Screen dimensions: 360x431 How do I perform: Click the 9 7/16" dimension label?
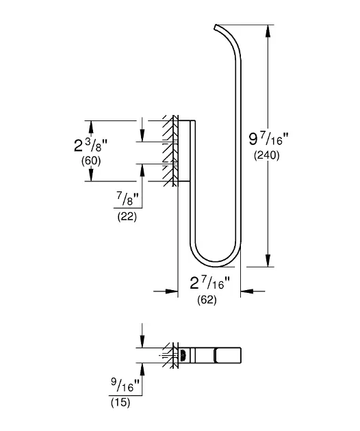(268, 139)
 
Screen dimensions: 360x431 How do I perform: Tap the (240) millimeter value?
(266, 155)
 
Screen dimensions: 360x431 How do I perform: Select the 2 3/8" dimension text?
(90, 145)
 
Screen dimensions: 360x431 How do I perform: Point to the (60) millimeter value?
(91, 161)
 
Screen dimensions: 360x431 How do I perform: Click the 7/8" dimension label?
(128, 198)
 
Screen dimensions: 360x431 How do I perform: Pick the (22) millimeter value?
(127, 217)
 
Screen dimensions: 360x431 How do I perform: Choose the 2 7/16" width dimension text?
(209, 283)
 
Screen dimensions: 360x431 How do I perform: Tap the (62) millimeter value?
(207, 300)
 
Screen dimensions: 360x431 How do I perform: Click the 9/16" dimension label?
(126, 384)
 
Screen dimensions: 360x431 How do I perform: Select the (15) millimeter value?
(120, 403)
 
